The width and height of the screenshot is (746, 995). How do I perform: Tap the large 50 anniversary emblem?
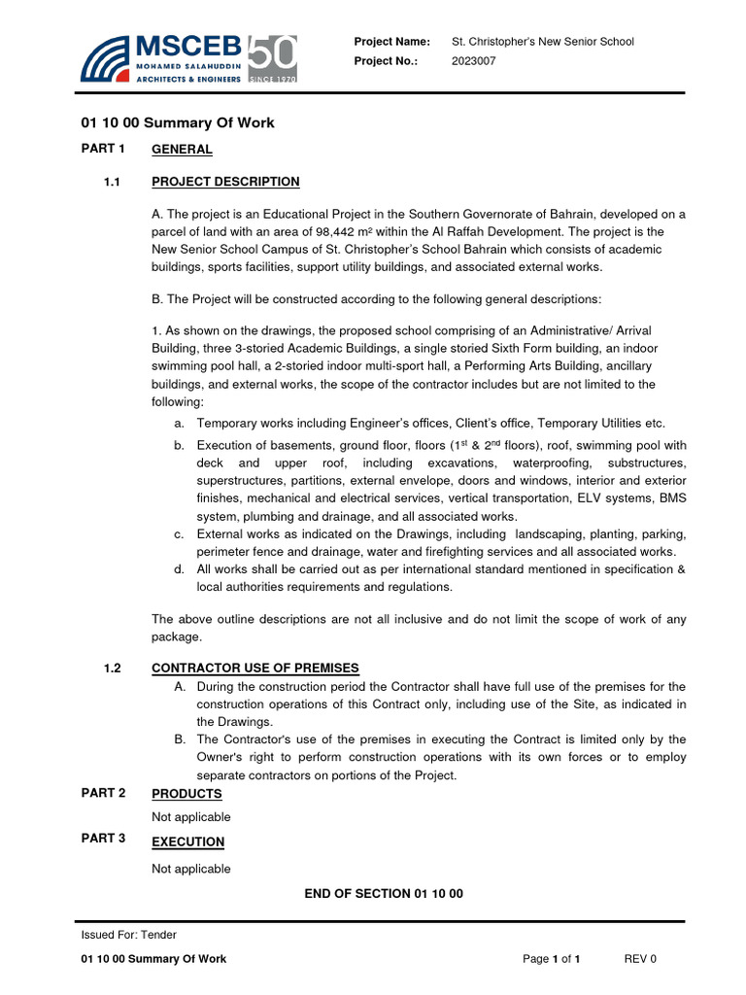[273, 58]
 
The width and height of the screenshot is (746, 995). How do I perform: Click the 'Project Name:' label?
[391, 42]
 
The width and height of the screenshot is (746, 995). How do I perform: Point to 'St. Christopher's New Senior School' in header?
[543, 42]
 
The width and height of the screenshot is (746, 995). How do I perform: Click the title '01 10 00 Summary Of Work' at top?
[177, 122]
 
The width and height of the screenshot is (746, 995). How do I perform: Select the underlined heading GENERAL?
[182, 149]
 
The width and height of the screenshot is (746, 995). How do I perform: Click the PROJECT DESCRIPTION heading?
[225, 182]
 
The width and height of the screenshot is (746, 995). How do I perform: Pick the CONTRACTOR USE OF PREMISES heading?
[255, 668]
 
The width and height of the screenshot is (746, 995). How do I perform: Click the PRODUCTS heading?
[186, 794]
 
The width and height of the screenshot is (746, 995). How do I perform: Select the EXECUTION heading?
[187, 841]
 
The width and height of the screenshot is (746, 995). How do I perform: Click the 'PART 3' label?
[104, 839]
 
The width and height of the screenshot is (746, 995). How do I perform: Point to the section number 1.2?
[111, 668]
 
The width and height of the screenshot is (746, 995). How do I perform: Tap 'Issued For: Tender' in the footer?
[128, 935]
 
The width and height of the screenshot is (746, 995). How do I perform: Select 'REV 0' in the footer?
[640, 959]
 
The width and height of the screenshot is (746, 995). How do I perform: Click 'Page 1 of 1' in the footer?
[551, 959]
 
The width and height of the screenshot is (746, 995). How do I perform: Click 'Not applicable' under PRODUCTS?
[191, 817]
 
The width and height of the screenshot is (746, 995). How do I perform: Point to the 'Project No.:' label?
[386, 60]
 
